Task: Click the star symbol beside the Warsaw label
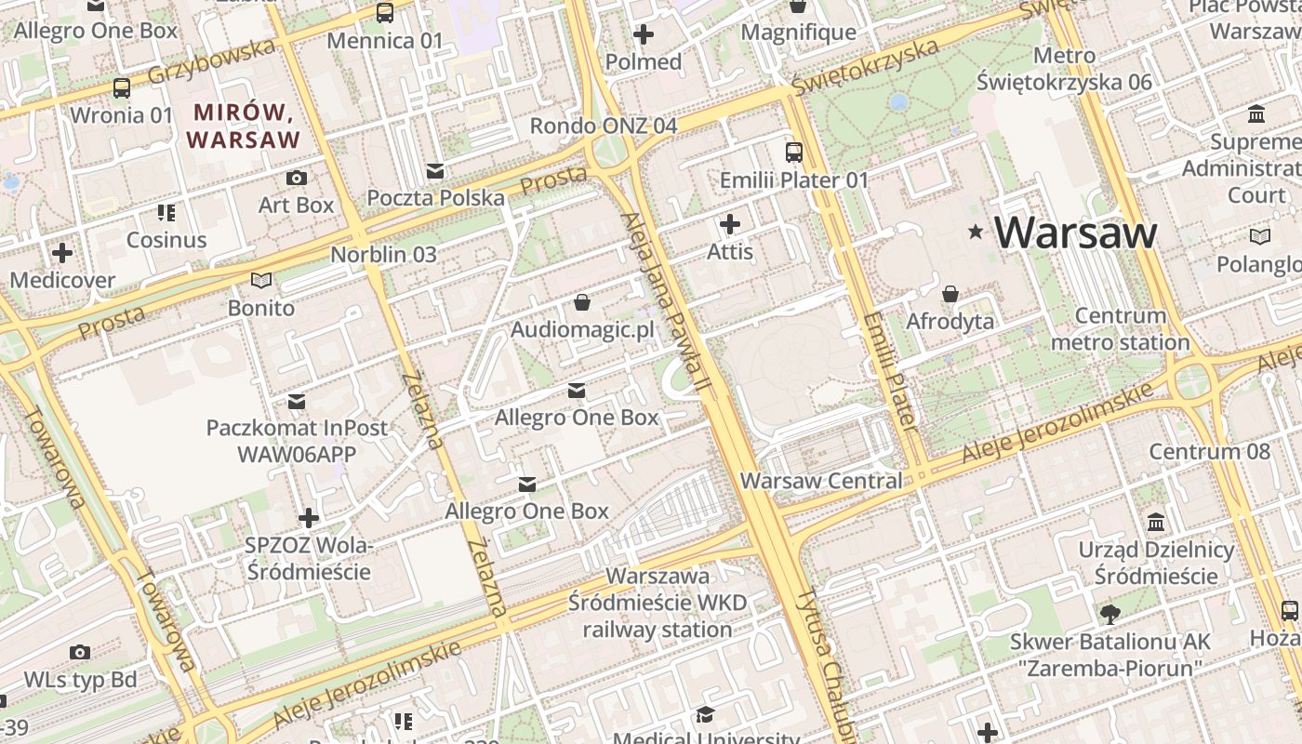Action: pyautogui.click(x=975, y=232)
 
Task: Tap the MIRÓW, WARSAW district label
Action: pyautogui.click(x=244, y=126)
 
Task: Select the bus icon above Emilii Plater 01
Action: pyautogui.click(x=793, y=153)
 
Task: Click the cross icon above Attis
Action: pyautogui.click(x=730, y=224)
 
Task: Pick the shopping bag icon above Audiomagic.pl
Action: pyautogui.click(x=582, y=302)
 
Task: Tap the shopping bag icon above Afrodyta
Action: pyautogui.click(x=950, y=295)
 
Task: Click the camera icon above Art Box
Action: pyautogui.click(x=297, y=178)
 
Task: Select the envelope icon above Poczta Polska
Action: pyautogui.click(x=435, y=171)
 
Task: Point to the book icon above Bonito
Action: pyautogui.click(x=261, y=280)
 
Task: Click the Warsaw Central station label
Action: pyautogui.click(x=821, y=481)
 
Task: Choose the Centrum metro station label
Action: pyautogui.click(x=1120, y=329)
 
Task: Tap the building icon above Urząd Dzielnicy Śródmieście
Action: pyautogui.click(x=1156, y=523)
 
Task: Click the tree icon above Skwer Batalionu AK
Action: pyautogui.click(x=1109, y=614)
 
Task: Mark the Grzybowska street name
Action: pyautogui.click(x=213, y=61)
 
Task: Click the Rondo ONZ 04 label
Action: pyautogui.click(x=603, y=126)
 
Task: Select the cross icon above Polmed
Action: pyautogui.click(x=643, y=35)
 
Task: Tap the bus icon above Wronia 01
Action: pyautogui.click(x=122, y=88)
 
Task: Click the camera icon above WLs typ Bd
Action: pyautogui.click(x=80, y=652)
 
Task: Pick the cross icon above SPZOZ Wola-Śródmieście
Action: pyautogui.click(x=309, y=518)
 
